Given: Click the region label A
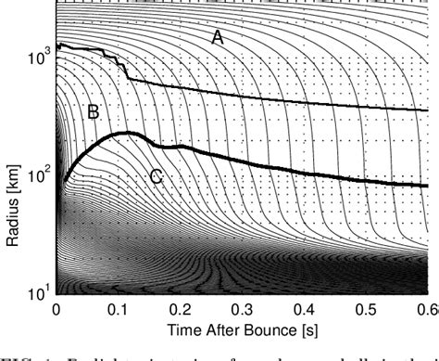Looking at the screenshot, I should click(x=218, y=38).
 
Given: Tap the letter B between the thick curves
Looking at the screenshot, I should click(x=93, y=112).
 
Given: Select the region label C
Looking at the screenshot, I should click(x=156, y=176).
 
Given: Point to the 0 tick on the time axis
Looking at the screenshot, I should click(x=56, y=306).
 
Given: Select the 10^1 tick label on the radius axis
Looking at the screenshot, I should click(x=38, y=293).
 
